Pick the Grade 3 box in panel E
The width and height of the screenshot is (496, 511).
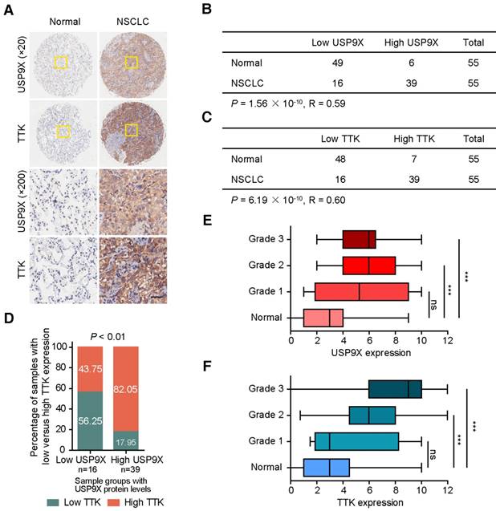coord(359,239)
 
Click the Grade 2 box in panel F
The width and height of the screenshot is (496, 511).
coord(372,415)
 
